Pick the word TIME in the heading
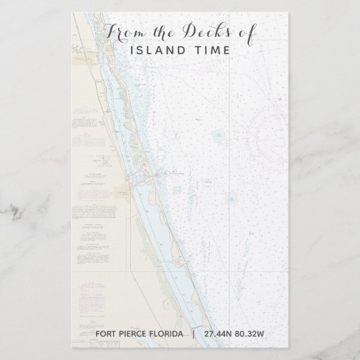(209, 50)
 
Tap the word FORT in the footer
(107, 334)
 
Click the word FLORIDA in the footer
(166, 334)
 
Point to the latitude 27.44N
(216, 334)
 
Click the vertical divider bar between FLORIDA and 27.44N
(194, 334)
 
